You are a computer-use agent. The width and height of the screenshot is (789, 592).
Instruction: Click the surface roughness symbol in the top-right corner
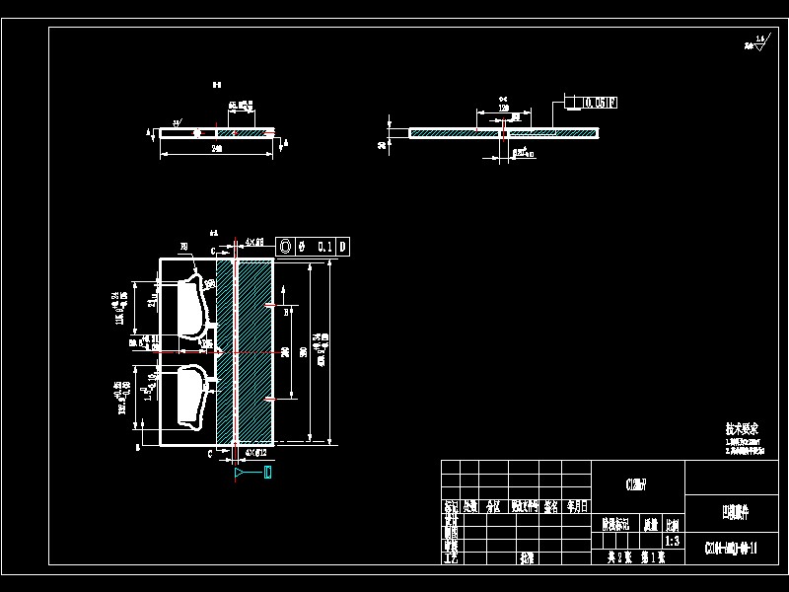click(x=757, y=42)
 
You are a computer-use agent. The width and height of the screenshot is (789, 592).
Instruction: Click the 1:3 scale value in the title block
click(x=672, y=541)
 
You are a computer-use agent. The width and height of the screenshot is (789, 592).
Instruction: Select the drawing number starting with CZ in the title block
click(x=731, y=549)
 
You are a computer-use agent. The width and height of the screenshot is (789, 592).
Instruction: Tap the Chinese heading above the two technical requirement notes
click(x=742, y=430)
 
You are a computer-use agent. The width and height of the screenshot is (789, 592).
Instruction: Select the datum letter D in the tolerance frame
click(x=342, y=247)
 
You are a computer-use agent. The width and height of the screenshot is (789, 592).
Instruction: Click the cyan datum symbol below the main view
click(x=253, y=475)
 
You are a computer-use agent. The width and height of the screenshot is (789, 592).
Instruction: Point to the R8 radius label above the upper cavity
click(x=183, y=247)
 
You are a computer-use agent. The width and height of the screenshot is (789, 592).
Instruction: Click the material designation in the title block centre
click(x=636, y=483)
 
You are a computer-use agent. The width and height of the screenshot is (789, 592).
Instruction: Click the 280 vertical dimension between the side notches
click(x=286, y=351)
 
